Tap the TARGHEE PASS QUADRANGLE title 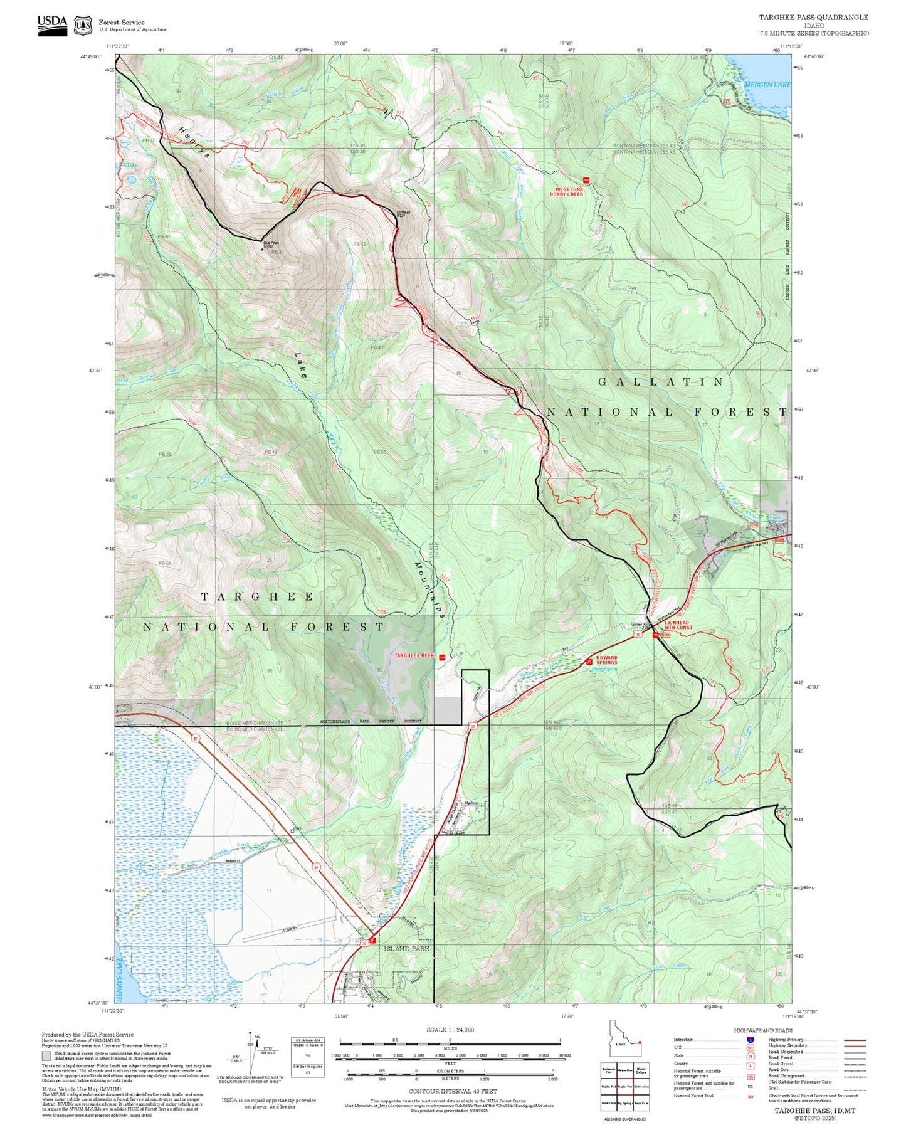click(x=813, y=18)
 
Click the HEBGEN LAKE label click(x=767, y=85)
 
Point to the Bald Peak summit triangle click(x=263, y=249)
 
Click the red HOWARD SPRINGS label click(x=606, y=660)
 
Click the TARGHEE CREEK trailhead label click(x=414, y=656)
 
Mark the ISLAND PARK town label click(x=406, y=949)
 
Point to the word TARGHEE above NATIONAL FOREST click(x=257, y=596)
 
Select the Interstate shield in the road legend click(x=750, y=1040)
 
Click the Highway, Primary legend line click(x=855, y=1040)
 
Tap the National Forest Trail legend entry click(x=693, y=1096)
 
